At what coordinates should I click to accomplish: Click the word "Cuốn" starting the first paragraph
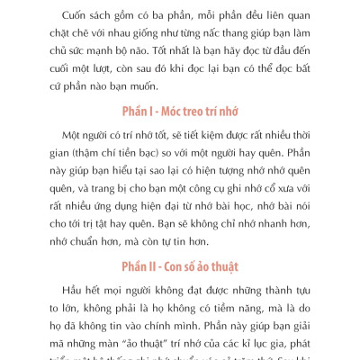click(70, 18)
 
